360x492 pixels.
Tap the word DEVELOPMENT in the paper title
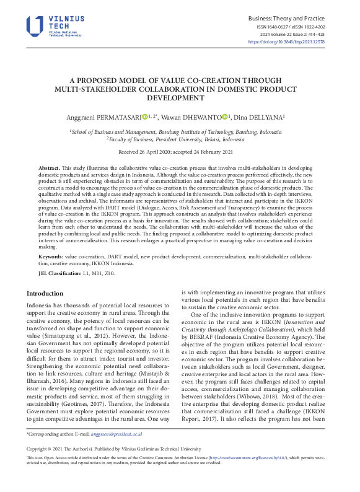[179, 97]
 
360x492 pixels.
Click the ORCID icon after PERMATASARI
[145, 116]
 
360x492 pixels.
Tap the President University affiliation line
[179, 139]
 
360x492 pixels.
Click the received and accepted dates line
[179, 152]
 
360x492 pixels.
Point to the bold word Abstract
[49, 169]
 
